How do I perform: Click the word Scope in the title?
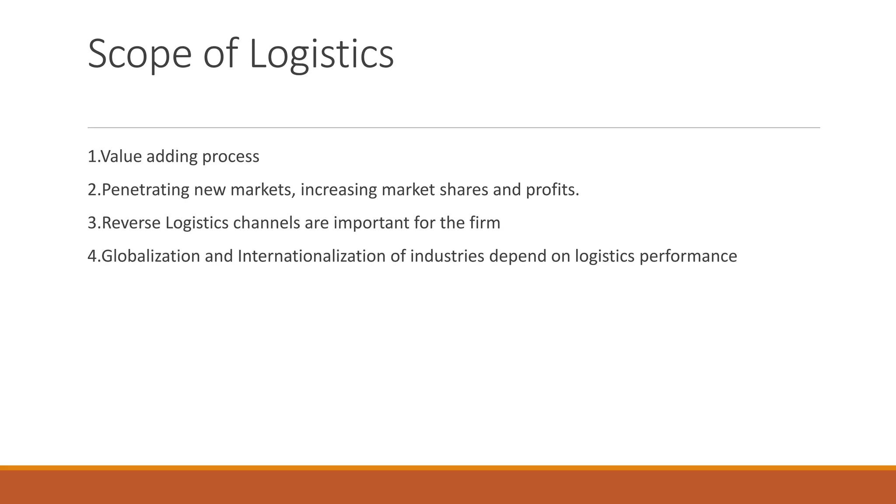(x=140, y=54)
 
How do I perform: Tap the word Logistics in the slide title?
(x=321, y=54)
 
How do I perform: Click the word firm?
(x=485, y=223)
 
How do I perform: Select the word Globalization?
(x=150, y=256)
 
